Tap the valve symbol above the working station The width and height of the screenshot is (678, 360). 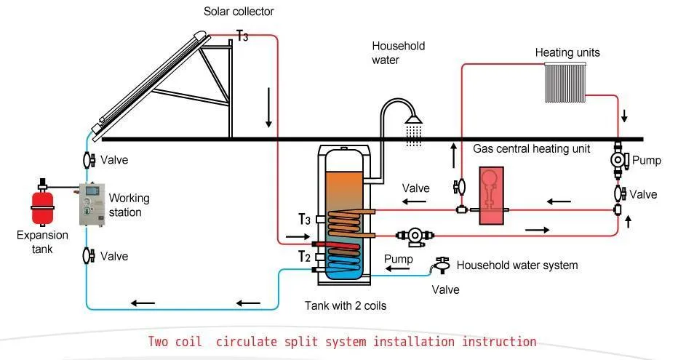pos(87,159)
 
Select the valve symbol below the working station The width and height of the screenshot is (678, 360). pos(87,255)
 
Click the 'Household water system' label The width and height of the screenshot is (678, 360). pos(517,265)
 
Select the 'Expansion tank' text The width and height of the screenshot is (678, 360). pos(43,242)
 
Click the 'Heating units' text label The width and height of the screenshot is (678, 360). pos(567,52)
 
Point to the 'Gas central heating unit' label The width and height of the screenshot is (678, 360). pos(531,148)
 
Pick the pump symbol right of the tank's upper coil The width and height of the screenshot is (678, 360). pos(413,236)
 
